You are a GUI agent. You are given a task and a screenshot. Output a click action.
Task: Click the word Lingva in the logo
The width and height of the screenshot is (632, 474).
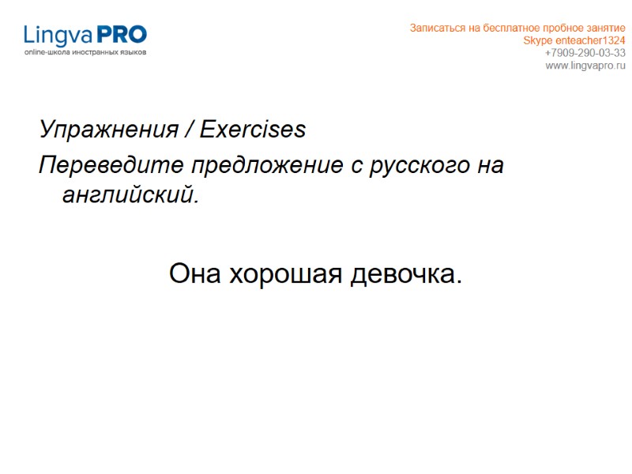click(x=58, y=35)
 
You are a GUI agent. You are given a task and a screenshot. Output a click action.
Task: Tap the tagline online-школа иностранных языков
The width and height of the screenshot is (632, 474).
click(x=85, y=52)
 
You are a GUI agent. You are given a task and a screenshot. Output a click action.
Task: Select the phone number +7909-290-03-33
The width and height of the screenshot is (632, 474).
click(x=585, y=53)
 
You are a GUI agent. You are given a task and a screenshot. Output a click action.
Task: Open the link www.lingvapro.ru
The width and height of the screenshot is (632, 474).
click(x=585, y=65)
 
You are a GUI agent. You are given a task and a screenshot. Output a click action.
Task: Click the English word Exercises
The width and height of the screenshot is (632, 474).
click(x=253, y=130)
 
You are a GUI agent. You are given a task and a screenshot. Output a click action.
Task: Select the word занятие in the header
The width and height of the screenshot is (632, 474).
click(x=605, y=28)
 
